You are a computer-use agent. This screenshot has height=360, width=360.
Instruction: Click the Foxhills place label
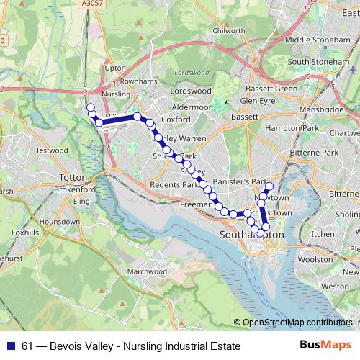(26, 233)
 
